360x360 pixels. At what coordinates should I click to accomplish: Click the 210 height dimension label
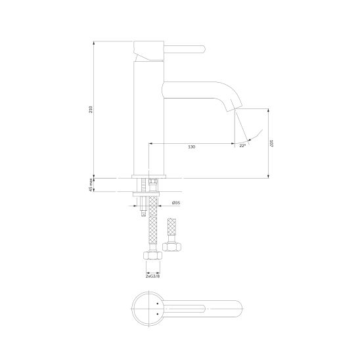91,109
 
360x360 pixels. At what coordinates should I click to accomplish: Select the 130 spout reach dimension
191,146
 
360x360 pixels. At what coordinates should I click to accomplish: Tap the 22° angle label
242,146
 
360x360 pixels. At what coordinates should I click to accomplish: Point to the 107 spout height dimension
272,143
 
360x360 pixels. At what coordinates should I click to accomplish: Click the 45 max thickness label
91,185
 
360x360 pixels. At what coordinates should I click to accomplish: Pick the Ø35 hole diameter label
176,203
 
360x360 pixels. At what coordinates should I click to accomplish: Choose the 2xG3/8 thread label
152,276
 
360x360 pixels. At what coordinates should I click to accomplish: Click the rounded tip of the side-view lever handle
203,49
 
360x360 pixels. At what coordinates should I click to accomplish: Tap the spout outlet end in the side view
234,108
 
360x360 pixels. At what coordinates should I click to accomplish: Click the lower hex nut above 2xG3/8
152,256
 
